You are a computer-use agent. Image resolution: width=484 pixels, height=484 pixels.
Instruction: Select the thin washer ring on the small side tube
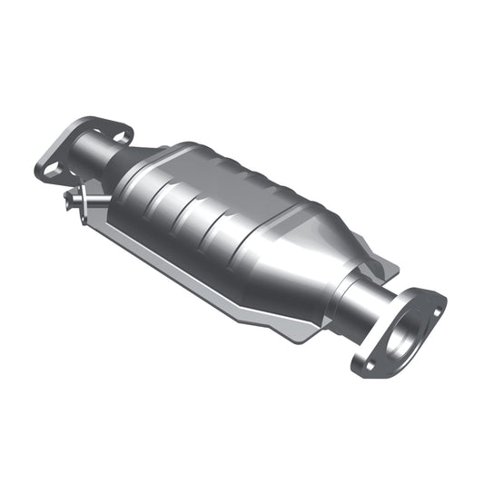80,199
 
